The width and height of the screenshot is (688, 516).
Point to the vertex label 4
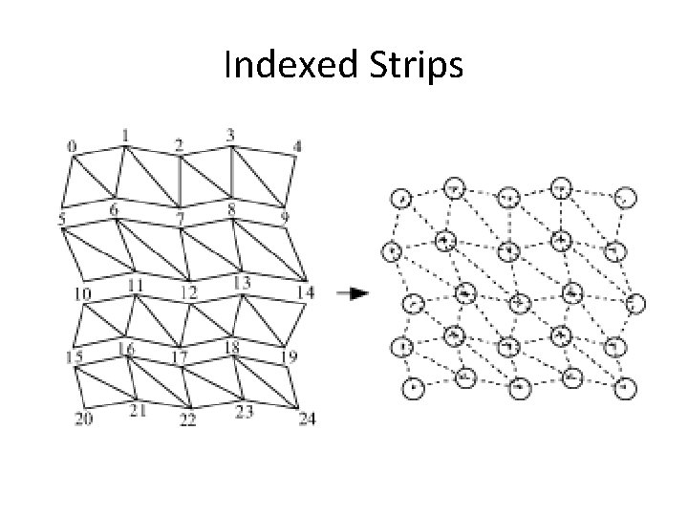coord(297,146)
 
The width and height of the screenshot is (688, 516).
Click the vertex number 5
coord(61,220)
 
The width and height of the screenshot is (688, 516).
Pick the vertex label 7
coord(180,219)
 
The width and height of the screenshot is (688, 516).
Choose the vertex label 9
coord(284,219)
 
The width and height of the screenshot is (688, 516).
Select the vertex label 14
coord(305,291)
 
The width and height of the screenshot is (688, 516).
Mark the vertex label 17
coord(179,357)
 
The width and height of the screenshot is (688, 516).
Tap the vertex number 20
coord(84,419)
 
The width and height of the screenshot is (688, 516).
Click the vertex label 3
coord(230,135)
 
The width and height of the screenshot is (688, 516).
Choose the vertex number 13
coord(241,283)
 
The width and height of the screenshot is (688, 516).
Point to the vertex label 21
coord(138,411)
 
